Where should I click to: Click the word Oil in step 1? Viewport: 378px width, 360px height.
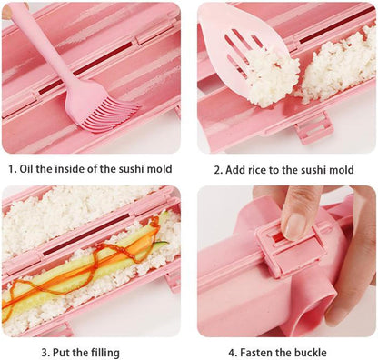pos(26,169)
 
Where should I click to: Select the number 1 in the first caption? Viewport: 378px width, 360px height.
pos(12,169)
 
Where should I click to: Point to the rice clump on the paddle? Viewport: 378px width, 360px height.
pos(271,77)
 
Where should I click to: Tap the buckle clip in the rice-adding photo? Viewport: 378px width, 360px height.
pos(313,128)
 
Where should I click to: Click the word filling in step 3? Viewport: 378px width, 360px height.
pos(102,353)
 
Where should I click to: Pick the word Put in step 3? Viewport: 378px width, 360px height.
pos(62,353)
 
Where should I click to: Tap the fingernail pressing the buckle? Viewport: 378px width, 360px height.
pos(293,225)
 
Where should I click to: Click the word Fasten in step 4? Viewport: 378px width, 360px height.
pos(256,353)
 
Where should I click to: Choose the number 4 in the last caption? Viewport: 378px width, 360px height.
pos(232,353)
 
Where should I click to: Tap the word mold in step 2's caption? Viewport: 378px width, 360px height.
pos(342,169)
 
